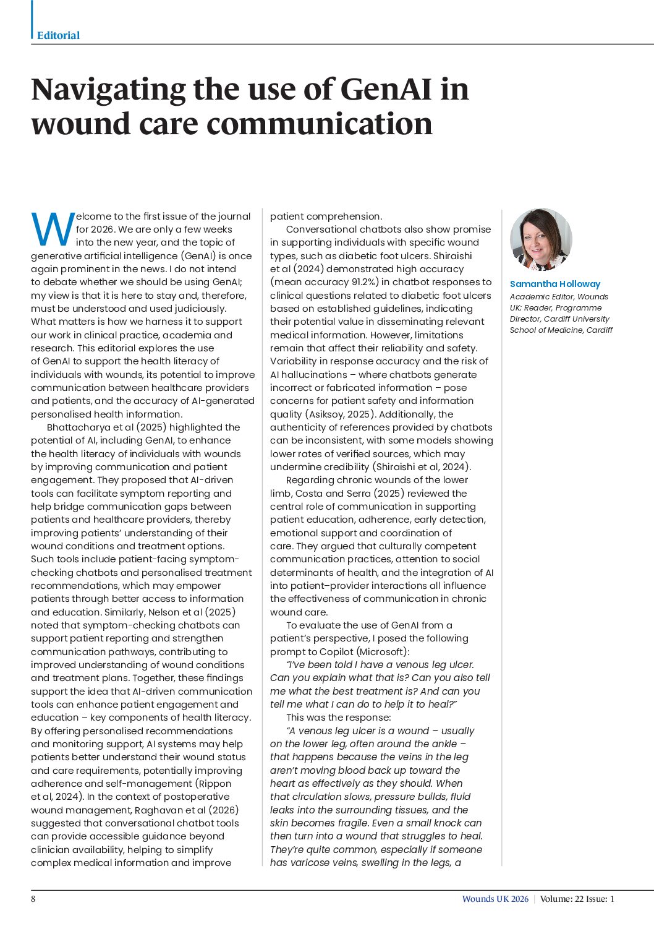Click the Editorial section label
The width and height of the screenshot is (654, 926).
(x=58, y=35)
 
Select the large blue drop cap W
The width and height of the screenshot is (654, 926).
(x=53, y=229)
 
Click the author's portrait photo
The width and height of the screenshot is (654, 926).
(x=541, y=239)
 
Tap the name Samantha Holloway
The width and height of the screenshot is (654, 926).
(x=554, y=284)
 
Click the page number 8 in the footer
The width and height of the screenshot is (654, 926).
(x=33, y=899)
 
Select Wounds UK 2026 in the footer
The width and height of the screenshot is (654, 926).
(x=495, y=899)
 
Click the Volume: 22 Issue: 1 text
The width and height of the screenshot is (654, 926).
(x=577, y=899)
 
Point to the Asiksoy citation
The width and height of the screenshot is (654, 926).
(x=326, y=414)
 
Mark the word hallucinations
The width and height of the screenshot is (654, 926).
(x=314, y=375)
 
